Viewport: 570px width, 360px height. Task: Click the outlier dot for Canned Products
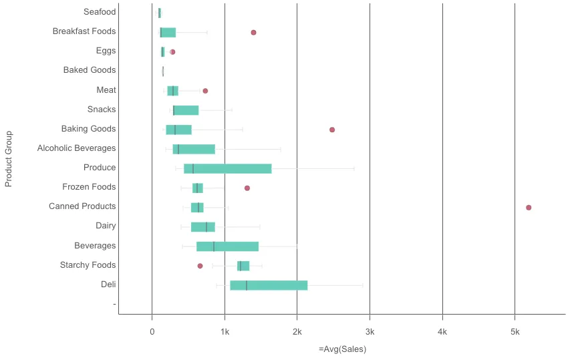[x=529, y=208]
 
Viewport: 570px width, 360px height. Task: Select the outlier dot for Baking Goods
[x=332, y=130]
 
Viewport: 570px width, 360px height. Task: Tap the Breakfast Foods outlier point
[x=253, y=33]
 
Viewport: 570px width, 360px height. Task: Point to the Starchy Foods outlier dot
[x=200, y=266]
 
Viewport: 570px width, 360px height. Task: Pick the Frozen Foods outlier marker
[x=247, y=188]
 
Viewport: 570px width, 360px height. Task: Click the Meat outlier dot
[x=205, y=91]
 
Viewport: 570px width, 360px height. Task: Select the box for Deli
[x=269, y=285]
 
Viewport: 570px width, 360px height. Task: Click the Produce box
[x=228, y=168]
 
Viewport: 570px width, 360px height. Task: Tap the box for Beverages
[x=227, y=246]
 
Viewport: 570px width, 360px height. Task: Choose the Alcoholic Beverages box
[x=194, y=149]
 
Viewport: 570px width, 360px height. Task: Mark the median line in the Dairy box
[x=206, y=227]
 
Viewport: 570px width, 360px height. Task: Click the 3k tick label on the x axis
[x=370, y=331]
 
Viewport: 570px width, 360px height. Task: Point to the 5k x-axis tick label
[x=515, y=331]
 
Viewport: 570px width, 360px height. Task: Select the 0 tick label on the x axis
[x=152, y=331]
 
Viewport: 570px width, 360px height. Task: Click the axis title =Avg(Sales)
[x=342, y=349]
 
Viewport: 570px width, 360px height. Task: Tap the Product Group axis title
[x=9, y=159]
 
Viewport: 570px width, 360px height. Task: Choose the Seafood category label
[x=100, y=12]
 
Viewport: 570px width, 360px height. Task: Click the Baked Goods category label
[x=90, y=70]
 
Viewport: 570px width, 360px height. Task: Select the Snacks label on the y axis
[x=102, y=110]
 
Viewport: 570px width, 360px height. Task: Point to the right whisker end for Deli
[x=363, y=285]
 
